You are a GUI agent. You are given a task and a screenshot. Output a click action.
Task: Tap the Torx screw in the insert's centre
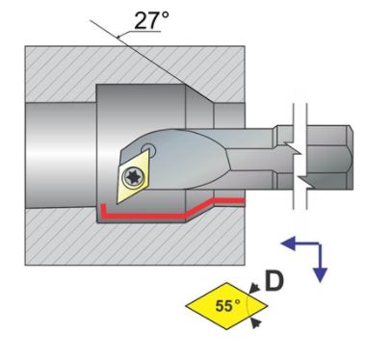point(135,173)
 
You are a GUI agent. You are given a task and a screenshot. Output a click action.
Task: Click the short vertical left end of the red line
point(99,206)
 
